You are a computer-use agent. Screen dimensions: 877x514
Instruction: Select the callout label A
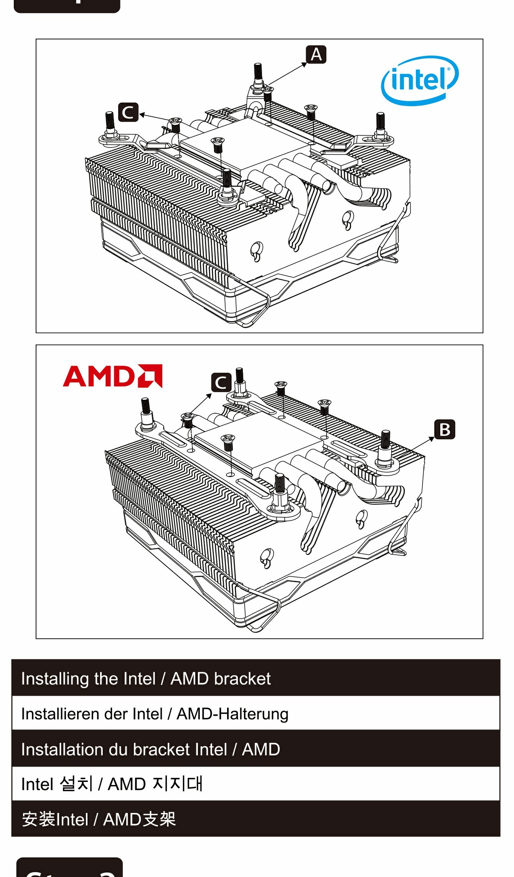tap(316, 54)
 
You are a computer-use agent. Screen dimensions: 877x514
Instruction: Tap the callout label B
tap(445, 429)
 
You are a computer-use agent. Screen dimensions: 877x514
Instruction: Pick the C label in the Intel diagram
tap(128, 112)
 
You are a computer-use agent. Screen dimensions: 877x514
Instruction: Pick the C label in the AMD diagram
tap(221, 383)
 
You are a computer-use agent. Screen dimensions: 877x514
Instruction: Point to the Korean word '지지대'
tap(177, 784)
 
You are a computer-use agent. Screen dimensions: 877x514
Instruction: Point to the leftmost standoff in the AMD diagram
tap(146, 414)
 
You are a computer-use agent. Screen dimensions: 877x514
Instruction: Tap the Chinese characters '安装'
tap(38, 820)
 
